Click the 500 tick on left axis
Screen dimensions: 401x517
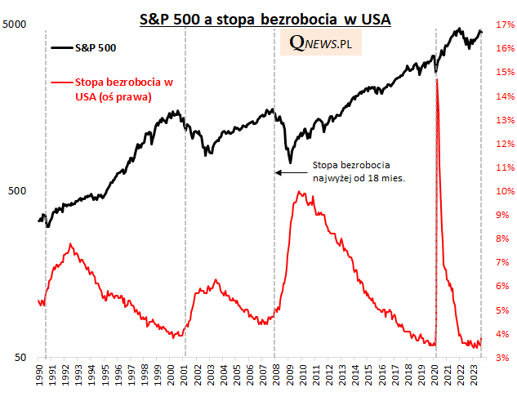point(19,191)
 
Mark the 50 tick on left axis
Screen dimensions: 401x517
point(21,358)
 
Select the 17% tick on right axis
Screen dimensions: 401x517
point(502,25)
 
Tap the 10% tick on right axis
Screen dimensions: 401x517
point(502,191)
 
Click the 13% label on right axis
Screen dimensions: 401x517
point(502,120)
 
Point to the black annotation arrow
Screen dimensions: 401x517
point(290,172)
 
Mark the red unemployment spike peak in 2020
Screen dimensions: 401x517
point(439,79)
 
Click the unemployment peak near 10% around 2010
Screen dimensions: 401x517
point(301,193)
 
